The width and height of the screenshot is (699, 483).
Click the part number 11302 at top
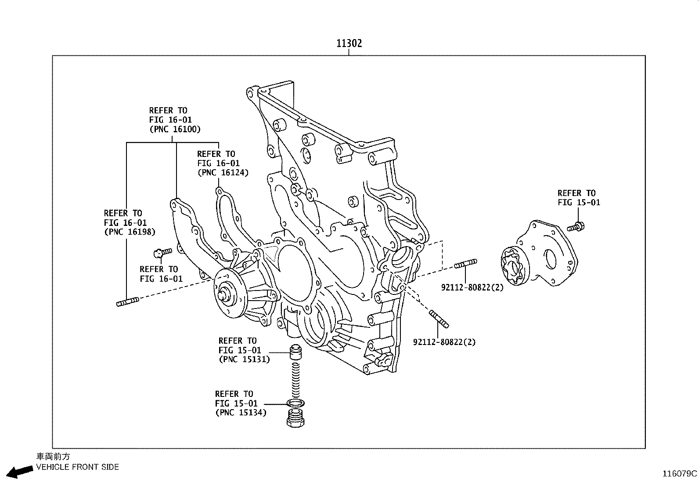pos(349,43)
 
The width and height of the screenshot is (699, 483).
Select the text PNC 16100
pos(175,129)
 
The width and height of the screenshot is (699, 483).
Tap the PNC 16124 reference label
pos(223,173)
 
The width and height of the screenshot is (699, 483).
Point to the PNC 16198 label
pos(130,232)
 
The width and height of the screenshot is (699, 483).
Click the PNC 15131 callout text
pos(244,360)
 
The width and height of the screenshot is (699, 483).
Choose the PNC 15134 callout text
pos(241,413)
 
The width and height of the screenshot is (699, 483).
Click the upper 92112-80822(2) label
pos(472,288)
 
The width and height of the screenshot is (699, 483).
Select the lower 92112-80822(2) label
pos(444,342)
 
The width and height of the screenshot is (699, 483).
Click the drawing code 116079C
pos(680,474)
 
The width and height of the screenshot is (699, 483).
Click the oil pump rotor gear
pos(513,266)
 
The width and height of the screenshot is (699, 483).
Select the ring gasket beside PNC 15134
pos(295,403)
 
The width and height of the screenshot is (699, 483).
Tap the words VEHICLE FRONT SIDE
pos(77,467)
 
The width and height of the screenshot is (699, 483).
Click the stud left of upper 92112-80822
pos(465,264)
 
